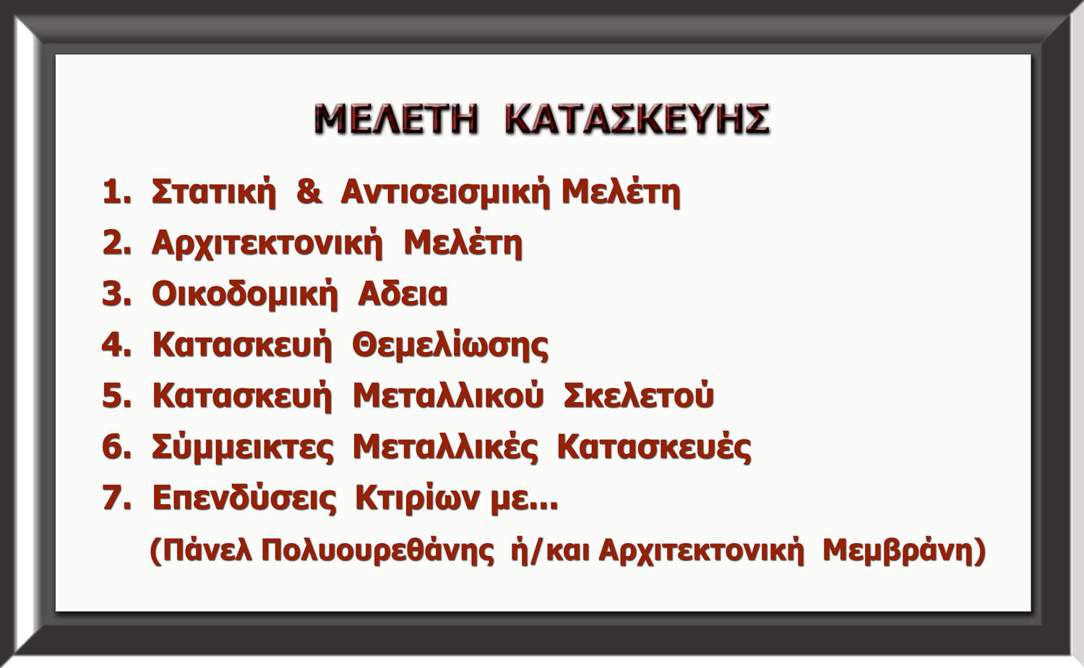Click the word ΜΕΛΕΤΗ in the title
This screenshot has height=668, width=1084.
(x=396, y=119)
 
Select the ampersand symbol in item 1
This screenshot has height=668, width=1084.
(x=309, y=191)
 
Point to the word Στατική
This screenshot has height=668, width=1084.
(x=213, y=193)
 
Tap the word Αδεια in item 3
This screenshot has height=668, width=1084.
(x=403, y=294)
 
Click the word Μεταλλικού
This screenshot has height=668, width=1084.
(x=448, y=396)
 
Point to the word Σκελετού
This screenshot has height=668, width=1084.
(x=639, y=395)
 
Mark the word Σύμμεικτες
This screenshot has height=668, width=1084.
(x=242, y=448)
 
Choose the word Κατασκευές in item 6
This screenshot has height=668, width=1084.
(x=654, y=448)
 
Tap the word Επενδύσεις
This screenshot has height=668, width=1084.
(x=244, y=498)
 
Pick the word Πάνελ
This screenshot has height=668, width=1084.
(x=208, y=550)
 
